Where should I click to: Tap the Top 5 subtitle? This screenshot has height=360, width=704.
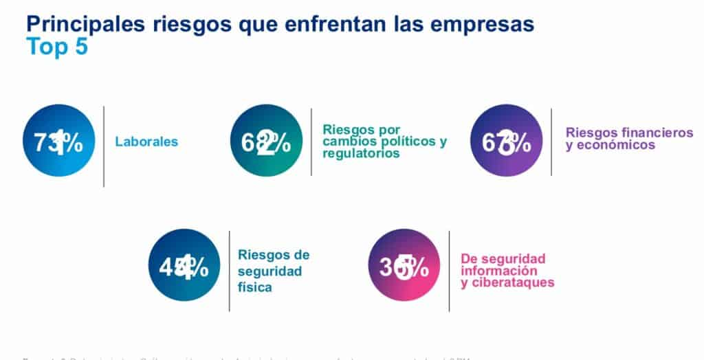click(57, 47)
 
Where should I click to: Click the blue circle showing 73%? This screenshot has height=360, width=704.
click(58, 141)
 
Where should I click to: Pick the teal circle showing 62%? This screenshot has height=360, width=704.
click(266, 141)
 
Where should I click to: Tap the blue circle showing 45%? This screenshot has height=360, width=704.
click(184, 265)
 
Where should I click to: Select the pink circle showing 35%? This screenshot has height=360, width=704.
click(404, 265)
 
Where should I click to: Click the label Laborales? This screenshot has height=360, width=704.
click(146, 142)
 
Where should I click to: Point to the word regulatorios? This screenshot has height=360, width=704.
click(361, 154)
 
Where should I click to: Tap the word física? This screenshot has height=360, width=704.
click(254, 287)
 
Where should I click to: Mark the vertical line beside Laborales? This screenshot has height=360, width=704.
click(104, 146)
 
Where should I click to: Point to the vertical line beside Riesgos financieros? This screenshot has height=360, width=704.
click(551, 142)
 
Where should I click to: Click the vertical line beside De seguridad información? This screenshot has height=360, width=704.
click(449, 270)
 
